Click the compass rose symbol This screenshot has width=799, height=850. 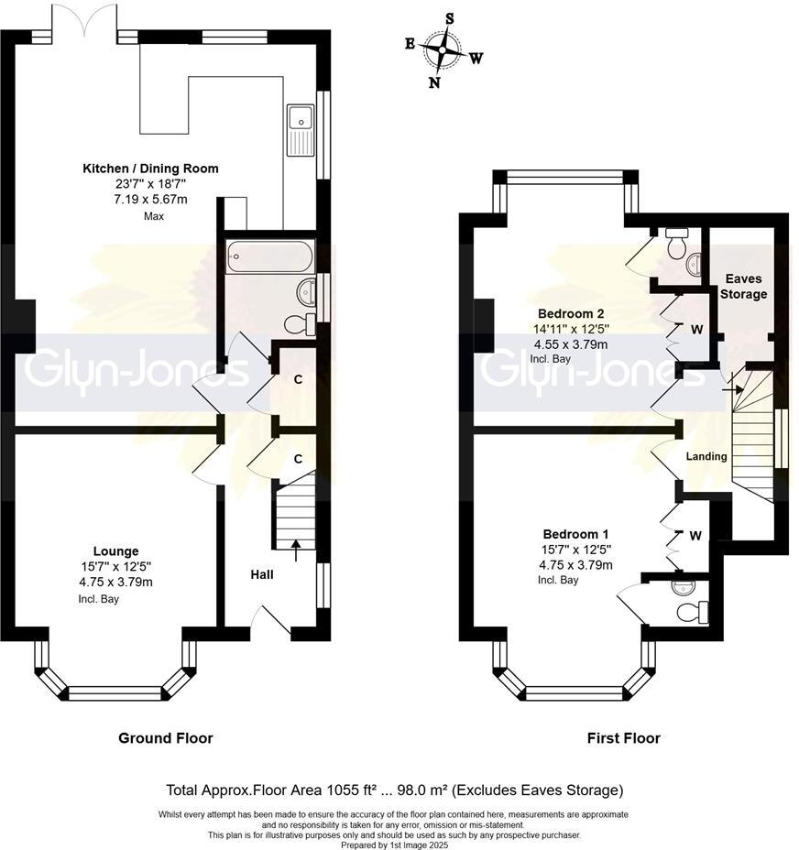click(x=445, y=49)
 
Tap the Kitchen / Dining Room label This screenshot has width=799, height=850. click(x=151, y=169)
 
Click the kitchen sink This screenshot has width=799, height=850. click(x=300, y=118)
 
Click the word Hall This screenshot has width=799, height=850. click(x=262, y=574)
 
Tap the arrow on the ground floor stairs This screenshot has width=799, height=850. click(x=295, y=548)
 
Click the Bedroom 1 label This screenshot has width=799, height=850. click(x=575, y=534)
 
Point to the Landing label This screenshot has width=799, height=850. click(x=706, y=456)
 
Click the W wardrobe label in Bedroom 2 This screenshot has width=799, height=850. click(x=696, y=329)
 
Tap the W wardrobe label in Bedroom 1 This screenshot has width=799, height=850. click(x=696, y=536)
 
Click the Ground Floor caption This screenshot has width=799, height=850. click(x=165, y=737)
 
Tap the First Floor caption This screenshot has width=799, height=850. click(x=623, y=737)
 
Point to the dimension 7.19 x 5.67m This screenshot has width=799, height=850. click(x=151, y=199)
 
